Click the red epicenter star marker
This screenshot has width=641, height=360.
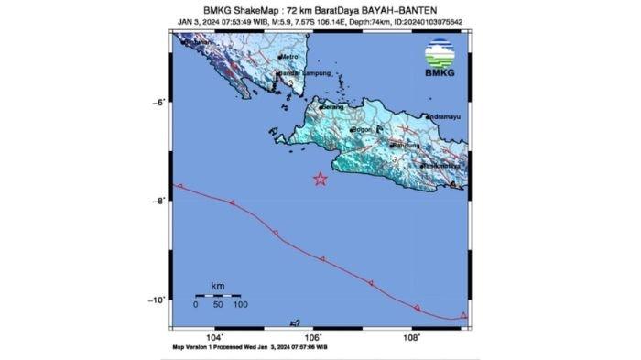pyautogui.click(x=320, y=179)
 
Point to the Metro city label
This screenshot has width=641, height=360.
pyautogui.click(x=291, y=56)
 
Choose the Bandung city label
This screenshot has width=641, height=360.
pyautogui.click(x=406, y=145)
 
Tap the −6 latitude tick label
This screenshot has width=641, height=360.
pyautogui.click(x=157, y=102)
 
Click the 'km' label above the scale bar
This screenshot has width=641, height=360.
pyautogui.click(x=217, y=287)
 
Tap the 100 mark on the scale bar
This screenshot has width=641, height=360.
pyautogui.click(x=239, y=304)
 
